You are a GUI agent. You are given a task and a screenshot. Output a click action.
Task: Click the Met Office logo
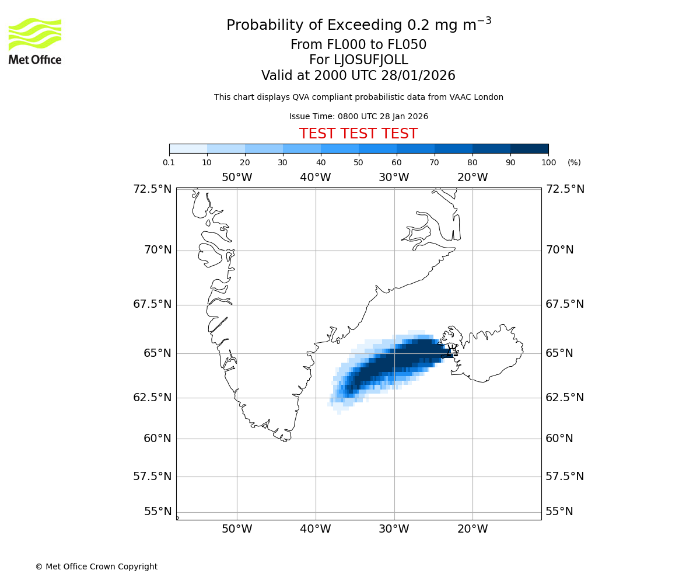tap(35, 41)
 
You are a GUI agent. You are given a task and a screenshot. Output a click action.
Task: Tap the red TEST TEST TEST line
tap(358, 134)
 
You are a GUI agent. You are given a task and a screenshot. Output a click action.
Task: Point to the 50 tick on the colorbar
tap(358, 162)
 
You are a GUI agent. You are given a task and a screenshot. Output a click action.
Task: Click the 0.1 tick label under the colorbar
tap(169, 162)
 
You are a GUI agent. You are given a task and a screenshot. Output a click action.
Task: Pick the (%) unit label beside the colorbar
tap(574, 162)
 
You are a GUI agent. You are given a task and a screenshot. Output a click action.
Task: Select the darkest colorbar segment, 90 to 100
tap(529, 148)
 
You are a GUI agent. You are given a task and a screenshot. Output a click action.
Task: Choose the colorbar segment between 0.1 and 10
tap(188, 148)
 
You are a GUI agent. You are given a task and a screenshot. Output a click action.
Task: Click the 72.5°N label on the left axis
tap(152, 189)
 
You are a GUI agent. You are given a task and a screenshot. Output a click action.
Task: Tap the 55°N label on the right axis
tap(559, 512)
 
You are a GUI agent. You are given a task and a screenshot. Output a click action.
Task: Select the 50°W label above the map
tap(237, 178)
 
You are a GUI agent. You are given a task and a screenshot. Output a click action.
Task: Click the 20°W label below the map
tap(473, 530)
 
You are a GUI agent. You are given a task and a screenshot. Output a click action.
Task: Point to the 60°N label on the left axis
tap(157, 439)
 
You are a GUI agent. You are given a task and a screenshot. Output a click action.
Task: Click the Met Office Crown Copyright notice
tap(96, 566)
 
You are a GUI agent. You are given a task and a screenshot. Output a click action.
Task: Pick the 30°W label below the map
tap(394, 530)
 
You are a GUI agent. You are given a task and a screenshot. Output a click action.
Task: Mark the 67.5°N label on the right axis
tap(565, 304)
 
